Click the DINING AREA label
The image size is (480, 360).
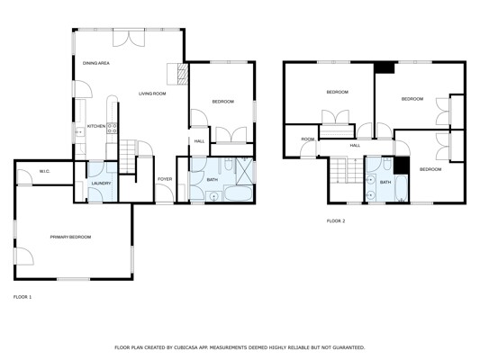pos(96,63)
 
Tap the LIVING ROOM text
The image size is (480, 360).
pos(152,94)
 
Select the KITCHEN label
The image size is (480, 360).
pos(96,126)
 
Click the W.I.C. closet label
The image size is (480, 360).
pos(44,171)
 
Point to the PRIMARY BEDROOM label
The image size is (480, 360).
pos(70,237)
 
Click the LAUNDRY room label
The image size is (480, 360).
pos(101,184)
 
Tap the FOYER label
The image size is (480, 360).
pos(165,179)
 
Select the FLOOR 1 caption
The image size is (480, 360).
pos(23,297)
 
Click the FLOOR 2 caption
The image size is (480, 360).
pos(336,220)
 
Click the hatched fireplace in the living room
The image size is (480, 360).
pos(183,74)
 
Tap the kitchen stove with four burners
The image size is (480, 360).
pos(112,128)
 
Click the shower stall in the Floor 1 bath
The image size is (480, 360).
pos(244,171)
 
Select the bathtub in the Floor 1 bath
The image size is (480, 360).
pos(238,193)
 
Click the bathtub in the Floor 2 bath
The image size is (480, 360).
pos(402,188)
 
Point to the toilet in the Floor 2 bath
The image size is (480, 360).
pos(387,164)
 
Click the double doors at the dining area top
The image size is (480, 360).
pos(129,38)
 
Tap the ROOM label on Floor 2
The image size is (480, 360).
pos(308,139)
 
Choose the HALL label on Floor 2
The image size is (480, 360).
pos(355,145)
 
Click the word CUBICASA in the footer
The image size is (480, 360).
pos(186,347)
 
